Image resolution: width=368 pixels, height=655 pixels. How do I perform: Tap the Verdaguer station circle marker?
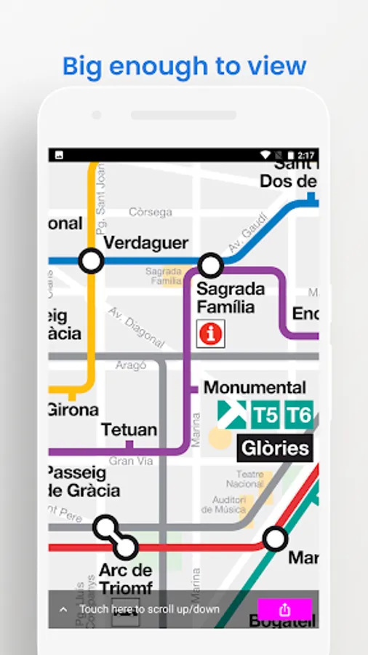pos(91,260)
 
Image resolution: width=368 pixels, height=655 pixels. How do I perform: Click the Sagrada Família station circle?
pos(211,265)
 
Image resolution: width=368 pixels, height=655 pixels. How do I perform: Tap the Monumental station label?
pos(255,387)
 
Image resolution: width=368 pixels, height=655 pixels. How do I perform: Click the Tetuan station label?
pos(129,429)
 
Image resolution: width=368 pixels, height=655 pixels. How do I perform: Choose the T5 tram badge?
pos(265,416)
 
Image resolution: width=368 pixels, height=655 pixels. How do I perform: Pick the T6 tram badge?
pos(299,416)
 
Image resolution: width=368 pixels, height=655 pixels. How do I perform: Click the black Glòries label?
pos(275,448)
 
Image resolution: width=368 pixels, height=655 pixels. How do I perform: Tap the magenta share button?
pos(284,610)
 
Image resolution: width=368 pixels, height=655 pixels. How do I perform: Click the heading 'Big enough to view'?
pos(184,66)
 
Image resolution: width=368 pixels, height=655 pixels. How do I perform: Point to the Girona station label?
pos(73,409)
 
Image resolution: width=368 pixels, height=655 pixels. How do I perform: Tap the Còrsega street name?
pos(151,213)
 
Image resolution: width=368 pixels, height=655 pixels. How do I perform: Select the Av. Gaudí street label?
pos(243,235)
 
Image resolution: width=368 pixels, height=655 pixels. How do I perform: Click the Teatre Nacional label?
pos(244,478)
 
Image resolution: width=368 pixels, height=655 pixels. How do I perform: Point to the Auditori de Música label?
pos(229,504)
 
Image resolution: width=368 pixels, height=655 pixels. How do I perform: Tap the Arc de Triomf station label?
pos(125,579)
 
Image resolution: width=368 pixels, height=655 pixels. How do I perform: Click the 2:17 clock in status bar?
pos(305,155)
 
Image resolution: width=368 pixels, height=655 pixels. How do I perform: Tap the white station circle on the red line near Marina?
pos(275,539)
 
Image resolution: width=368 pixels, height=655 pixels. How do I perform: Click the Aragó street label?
pos(131,365)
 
